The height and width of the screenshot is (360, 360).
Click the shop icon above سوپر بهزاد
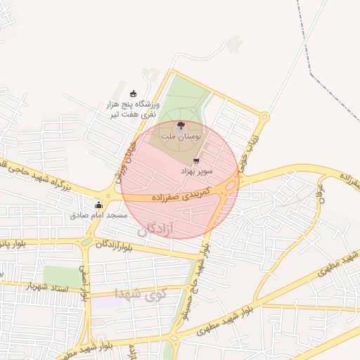pos(195,161)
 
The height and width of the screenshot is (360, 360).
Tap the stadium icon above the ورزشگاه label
pos(134,94)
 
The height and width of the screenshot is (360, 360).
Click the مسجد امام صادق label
pos(98,214)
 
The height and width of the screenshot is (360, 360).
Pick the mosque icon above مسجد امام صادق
pos(98,205)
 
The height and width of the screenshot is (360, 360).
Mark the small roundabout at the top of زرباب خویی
pos(264,117)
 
